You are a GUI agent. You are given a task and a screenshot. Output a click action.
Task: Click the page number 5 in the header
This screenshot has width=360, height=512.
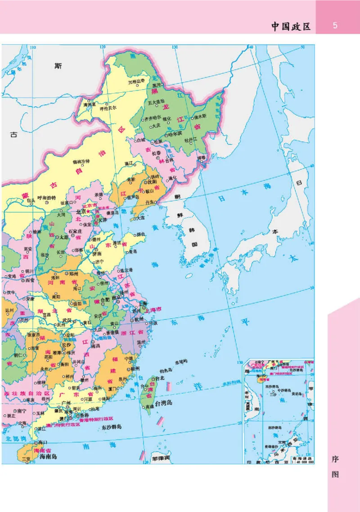(335, 26)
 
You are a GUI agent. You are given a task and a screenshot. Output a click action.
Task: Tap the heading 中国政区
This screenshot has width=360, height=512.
(291, 26)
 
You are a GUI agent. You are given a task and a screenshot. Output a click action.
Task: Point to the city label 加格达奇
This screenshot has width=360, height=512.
(136, 82)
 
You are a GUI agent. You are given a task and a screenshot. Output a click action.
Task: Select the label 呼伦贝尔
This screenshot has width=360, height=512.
(108, 108)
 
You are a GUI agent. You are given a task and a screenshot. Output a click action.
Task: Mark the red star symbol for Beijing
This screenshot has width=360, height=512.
(89, 210)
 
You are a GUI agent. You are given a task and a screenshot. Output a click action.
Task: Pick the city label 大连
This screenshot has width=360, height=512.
(141, 217)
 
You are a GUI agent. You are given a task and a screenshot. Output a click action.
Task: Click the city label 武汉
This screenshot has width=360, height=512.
(67, 320)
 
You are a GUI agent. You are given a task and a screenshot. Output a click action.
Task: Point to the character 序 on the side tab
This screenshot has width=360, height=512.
(335, 460)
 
